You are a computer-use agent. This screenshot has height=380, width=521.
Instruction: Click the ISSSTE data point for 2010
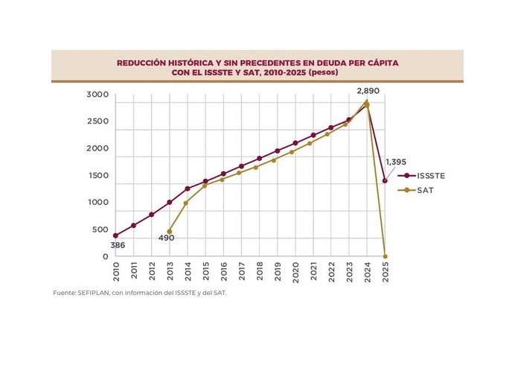pos(115,235)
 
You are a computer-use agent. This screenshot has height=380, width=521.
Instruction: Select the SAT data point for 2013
pos(170,231)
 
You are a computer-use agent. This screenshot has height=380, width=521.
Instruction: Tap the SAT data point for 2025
pos(385,256)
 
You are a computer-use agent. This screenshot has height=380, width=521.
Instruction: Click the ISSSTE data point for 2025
pos(385,180)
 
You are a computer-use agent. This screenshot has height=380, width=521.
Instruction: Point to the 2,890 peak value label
pos(368,90)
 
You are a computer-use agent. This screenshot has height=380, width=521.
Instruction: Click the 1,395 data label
pos(396,162)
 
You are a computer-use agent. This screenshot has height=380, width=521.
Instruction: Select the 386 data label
pos(118,245)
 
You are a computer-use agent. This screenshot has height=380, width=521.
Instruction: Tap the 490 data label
pos(166,238)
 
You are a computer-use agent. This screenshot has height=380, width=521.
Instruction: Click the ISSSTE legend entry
pos(431,176)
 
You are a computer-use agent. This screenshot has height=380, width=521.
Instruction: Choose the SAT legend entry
pos(425,190)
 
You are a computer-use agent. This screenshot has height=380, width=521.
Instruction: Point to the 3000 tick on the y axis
pos(98,95)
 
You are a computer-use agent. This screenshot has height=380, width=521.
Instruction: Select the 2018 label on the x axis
pos(259,270)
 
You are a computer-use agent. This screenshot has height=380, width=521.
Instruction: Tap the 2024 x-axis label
pos(367,270)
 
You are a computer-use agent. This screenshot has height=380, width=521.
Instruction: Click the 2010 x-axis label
pos(115,270)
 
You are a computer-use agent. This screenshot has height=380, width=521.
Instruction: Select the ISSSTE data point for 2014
pos(188,189)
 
